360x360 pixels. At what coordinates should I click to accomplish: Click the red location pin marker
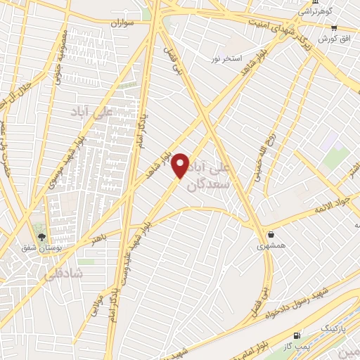[x=181, y=165]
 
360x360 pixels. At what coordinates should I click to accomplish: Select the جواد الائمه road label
[x=328, y=205]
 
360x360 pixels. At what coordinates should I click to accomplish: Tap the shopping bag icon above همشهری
[x=271, y=234]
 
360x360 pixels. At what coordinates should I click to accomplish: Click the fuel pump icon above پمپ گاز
[x=297, y=336]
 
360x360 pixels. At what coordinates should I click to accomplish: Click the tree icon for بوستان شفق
[x=41, y=236]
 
